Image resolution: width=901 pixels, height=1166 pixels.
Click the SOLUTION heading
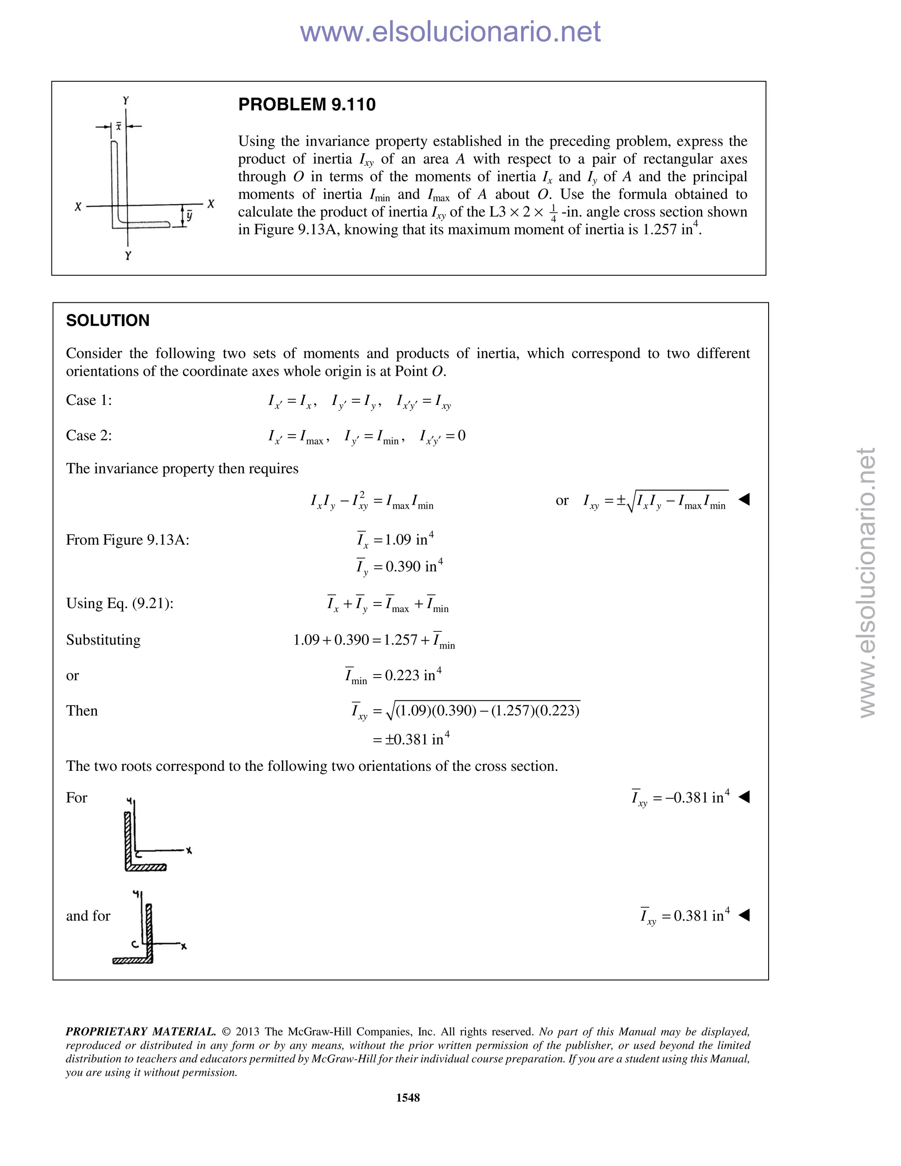107,320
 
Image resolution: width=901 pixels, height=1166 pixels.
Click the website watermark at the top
450,32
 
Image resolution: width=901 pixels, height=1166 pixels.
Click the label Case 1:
88,400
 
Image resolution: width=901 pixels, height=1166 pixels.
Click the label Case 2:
88,436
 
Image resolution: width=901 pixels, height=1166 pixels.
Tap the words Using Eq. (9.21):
120,603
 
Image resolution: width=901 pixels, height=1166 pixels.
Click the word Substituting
103,640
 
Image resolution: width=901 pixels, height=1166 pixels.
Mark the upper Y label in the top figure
126,100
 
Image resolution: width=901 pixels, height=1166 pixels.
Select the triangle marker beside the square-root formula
744,500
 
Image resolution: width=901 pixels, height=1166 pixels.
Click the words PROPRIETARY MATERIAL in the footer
140,1031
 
